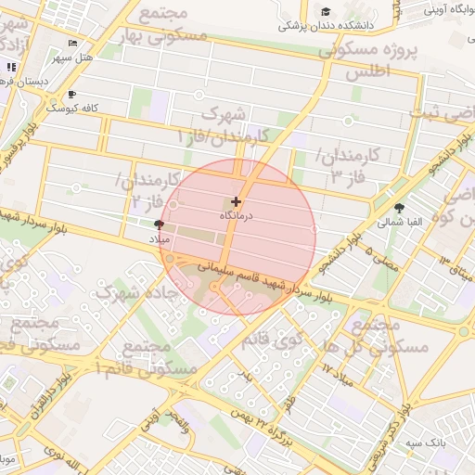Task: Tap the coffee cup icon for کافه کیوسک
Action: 72,94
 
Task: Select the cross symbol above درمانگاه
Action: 236,201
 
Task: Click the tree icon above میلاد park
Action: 160,225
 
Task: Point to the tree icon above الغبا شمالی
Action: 400,208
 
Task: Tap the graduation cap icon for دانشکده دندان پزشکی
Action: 326,11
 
